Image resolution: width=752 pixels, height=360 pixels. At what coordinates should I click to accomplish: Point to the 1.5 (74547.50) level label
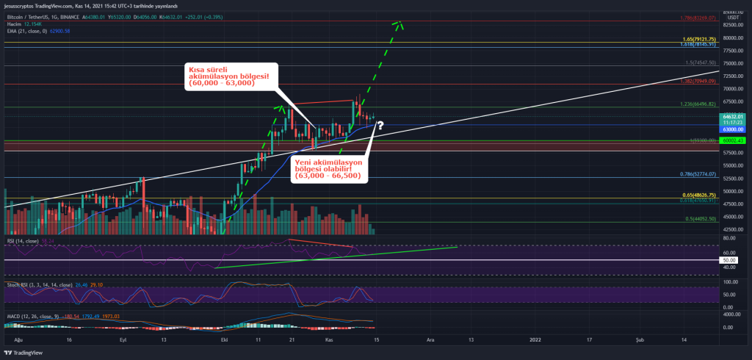click(700, 63)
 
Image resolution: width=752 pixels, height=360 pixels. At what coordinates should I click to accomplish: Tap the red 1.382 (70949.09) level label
click(698, 82)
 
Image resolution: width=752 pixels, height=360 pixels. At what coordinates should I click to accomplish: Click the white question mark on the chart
click(380, 126)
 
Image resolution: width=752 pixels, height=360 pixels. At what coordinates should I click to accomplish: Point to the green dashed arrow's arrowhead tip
click(402, 22)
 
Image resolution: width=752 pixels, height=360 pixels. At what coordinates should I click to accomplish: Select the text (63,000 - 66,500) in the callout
click(327, 176)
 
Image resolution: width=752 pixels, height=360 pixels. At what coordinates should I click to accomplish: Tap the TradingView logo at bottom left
click(26, 351)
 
